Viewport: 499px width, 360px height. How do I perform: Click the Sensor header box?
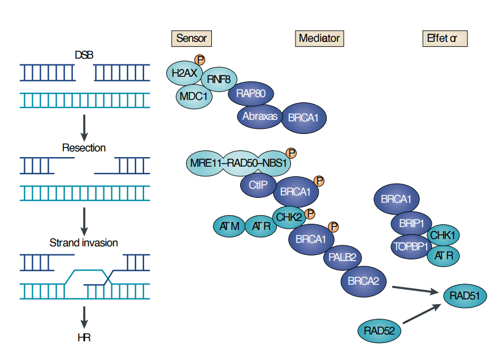(x=192, y=38)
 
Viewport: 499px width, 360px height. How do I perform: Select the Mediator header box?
(x=319, y=38)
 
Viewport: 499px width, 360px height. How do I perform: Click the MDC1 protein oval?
(x=193, y=96)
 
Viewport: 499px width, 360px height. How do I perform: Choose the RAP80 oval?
(x=250, y=94)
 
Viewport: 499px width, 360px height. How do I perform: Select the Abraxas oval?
(x=259, y=116)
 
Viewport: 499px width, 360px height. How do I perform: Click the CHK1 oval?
(x=444, y=235)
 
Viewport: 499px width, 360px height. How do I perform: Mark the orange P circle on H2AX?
(x=199, y=59)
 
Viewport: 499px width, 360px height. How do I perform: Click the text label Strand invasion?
(x=84, y=243)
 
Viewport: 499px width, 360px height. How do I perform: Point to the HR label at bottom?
(x=84, y=339)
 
